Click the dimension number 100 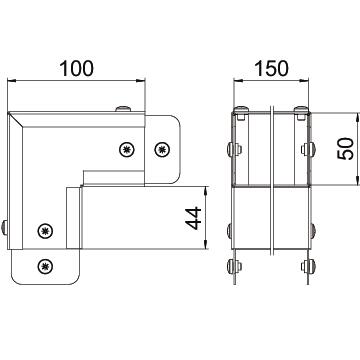[x=77, y=68]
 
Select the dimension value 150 [x=271, y=68]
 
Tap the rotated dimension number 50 [x=345, y=149]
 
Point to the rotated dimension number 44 [x=194, y=218]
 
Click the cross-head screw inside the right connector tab [x=163, y=150]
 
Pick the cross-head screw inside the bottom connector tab [x=45, y=266]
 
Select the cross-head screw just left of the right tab [x=127, y=150]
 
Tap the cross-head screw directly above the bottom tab [x=45, y=231]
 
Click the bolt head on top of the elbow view [x=123, y=109]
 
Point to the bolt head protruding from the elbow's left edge [x=4, y=228]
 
